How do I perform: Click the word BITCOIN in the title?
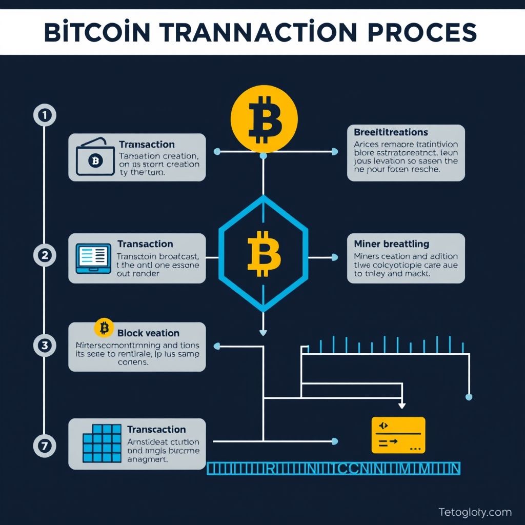coord(97,32)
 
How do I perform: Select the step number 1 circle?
coord(45,116)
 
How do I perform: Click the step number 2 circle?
coord(45,255)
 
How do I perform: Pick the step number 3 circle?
coord(45,346)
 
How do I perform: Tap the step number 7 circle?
coord(45,446)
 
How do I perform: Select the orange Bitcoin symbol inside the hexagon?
coord(264,253)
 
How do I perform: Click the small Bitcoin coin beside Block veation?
coord(104,328)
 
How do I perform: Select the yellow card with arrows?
coord(398,435)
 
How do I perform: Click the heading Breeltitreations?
coord(391,133)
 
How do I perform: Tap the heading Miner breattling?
coord(392,244)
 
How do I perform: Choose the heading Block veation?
coord(148,333)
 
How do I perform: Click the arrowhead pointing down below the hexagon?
coord(263,332)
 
